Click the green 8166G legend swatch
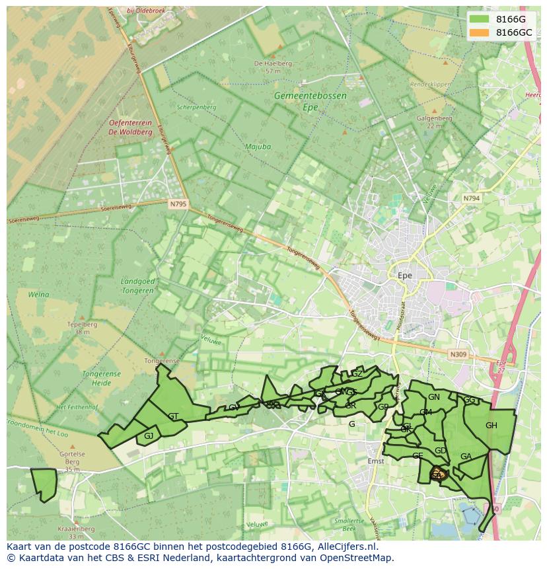click(480, 19)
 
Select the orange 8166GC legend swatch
click(480, 32)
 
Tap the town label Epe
click(405, 276)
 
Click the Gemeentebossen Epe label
click(310, 101)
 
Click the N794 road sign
click(471, 198)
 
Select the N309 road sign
click(458, 355)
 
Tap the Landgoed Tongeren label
click(138, 285)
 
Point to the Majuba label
click(258, 147)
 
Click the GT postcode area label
click(173, 416)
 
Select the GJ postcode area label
click(149, 436)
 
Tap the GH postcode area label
click(491, 426)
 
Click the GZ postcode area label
click(357, 374)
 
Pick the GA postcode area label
click(466, 457)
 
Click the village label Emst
click(375, 461)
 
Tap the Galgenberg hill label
click(434, 118)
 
